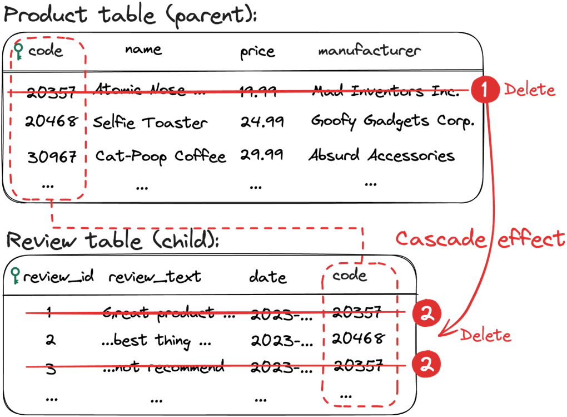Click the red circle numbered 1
coord(485,90)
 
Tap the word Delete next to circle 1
coord(529,90)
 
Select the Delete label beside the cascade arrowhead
coord(485,335)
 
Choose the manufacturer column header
coord(369,51)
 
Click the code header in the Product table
coord(46,52)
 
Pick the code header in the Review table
coord(350,275)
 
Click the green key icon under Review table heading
coord(16,275)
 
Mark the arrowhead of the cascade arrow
coord(442,333)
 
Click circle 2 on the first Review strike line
coord(426,314)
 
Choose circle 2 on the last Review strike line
coord(426,365)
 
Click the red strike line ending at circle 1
coord(250,91)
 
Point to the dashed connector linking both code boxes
coord(206,227)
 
